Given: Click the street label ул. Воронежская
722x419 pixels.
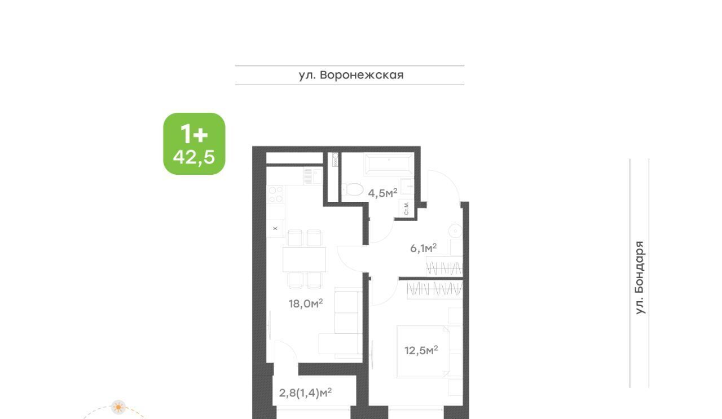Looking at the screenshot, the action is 351,75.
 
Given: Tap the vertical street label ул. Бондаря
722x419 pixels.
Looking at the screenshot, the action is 640,277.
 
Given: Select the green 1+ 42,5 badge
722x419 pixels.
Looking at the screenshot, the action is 194,144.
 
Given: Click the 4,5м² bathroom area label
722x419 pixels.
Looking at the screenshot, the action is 382,193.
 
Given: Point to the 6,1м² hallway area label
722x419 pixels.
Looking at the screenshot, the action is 423,248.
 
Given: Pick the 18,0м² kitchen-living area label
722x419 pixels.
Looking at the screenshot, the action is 306,303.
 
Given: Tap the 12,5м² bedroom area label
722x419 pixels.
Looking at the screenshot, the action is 421,350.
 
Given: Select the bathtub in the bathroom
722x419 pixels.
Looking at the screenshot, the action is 389,164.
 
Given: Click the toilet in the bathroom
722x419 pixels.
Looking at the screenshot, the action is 353,189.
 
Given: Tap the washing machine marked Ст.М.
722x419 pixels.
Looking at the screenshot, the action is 406,208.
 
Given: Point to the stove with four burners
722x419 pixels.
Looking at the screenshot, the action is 276,195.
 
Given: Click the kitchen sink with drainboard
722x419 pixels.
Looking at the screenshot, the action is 312,177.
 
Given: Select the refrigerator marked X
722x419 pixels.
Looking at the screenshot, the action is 275,228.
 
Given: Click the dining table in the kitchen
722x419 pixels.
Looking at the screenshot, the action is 304,259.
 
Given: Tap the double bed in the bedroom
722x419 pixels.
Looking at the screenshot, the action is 423,351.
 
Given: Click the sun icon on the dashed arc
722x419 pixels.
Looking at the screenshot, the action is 118,407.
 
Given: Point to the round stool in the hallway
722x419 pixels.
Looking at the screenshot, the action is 455,231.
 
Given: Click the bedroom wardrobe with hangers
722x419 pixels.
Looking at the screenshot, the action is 435,289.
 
